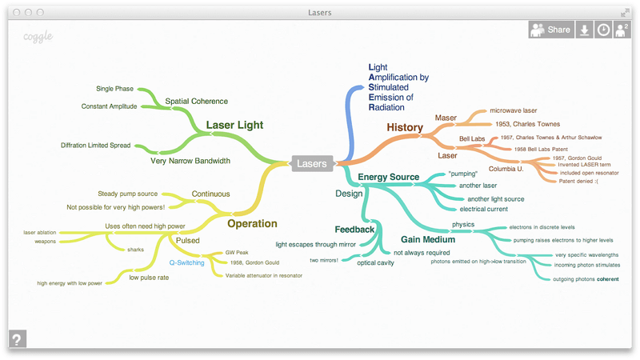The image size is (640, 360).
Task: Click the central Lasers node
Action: click(311, 163)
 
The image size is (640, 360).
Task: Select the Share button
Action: click(550, 30)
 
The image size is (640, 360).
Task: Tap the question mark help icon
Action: click(18, 338)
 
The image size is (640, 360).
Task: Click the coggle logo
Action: click(38, 36)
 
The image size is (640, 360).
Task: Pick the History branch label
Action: click(405, 127)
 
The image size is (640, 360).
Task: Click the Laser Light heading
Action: click(234, 125)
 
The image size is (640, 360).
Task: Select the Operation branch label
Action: click(252, 224)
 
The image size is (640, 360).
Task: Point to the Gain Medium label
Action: click(428, 239)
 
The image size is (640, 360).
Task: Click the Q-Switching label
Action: click(186, 262)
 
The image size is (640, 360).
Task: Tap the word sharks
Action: click(135, 250)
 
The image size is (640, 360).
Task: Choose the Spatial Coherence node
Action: click(196, 102)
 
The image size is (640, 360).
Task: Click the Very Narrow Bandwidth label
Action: click(190, 160)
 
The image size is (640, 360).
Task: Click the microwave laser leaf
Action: click(513, 110)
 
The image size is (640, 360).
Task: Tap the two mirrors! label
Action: click(324, 260)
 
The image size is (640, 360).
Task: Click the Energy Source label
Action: click(388, 177)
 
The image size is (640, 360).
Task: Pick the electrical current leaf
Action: click(483, 209)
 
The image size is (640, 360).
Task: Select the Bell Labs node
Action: click(472, 139)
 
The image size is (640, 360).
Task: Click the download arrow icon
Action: click(584, 30)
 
